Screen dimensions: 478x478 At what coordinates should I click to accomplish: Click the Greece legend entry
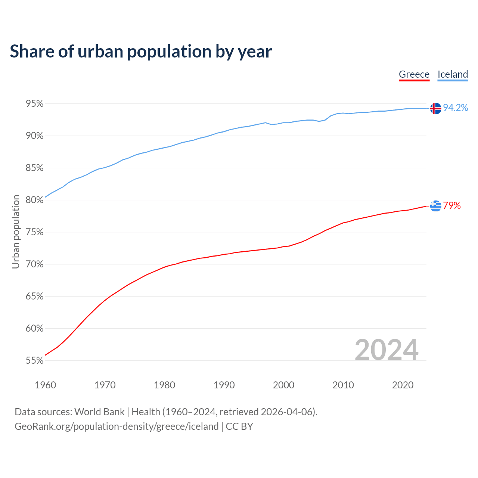(x=414, y=74)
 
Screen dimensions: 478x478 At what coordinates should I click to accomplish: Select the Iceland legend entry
(x=453, y=74)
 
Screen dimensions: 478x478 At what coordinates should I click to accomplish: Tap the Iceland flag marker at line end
(x=435, y=108)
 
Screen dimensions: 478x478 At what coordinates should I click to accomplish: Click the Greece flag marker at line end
(x=435, y=206)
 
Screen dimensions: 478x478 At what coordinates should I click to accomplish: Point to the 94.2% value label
(x=455, y=108)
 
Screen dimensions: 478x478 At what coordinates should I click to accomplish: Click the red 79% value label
(x=452, y=206)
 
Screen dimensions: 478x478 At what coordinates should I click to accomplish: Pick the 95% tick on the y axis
(x=35, y=104)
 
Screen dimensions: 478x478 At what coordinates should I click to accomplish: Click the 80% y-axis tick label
(x=35, y=200)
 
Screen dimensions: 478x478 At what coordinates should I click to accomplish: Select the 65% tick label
(x=35, y=297)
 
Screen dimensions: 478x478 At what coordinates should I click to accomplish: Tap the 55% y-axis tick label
(x=35, y=361)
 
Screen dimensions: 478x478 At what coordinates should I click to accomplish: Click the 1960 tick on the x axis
(x=45, y=385)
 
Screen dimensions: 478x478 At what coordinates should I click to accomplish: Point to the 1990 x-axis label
(x=224, y=385)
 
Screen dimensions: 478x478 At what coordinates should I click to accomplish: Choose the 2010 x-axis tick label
(x=343, y=385)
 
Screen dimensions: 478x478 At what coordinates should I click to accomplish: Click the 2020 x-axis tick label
(x=403, y=385)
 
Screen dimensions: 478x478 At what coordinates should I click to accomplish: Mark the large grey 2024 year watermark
(x=387, y=350)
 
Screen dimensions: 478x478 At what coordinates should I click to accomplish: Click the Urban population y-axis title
(x=16, y=232)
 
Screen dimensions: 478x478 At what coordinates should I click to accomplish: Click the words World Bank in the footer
(x=99, y=412)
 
